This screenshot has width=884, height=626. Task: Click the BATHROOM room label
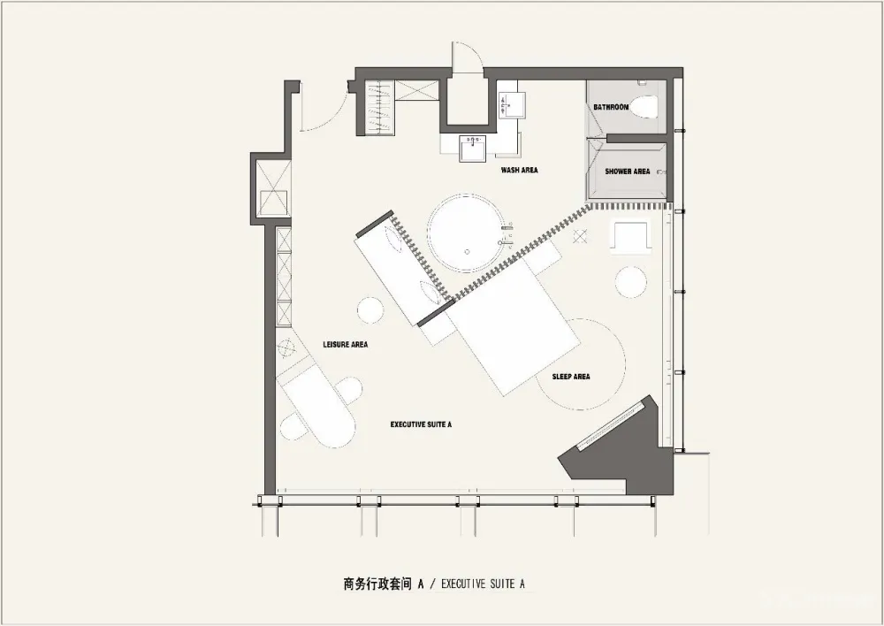point(611,107)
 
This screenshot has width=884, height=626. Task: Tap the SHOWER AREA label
point(628,172)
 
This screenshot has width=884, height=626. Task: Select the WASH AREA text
point(519,170)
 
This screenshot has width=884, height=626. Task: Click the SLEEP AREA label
point(570,377)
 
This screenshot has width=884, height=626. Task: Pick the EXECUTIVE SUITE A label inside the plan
point(422,424)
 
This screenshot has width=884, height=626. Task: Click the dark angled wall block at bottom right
point(623,451)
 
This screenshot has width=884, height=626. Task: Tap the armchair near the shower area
point(631,237)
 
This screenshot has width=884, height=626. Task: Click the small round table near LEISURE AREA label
point(370,310)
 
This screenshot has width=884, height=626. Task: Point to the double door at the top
point(467,60)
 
